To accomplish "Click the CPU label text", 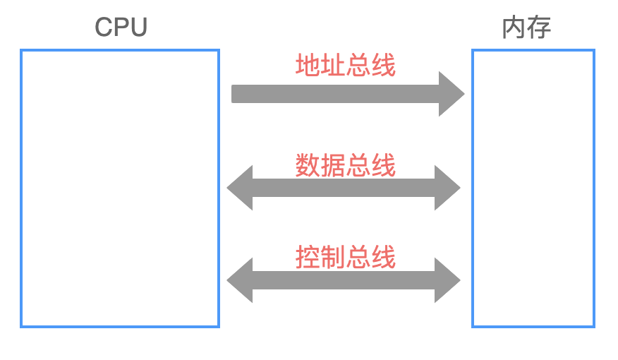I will [x=121, y=28].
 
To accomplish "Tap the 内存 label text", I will [x=526, y=28].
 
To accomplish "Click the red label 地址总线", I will [x=345, y=66].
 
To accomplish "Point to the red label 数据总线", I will [x=345, y=165].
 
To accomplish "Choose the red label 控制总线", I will [x=345, y=257].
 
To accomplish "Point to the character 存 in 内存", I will [x=539, y=28].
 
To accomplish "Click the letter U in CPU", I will [x=138, y=28].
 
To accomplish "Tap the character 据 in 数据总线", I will [x=333, y=165].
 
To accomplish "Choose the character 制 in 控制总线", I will [x=333, y=257].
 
